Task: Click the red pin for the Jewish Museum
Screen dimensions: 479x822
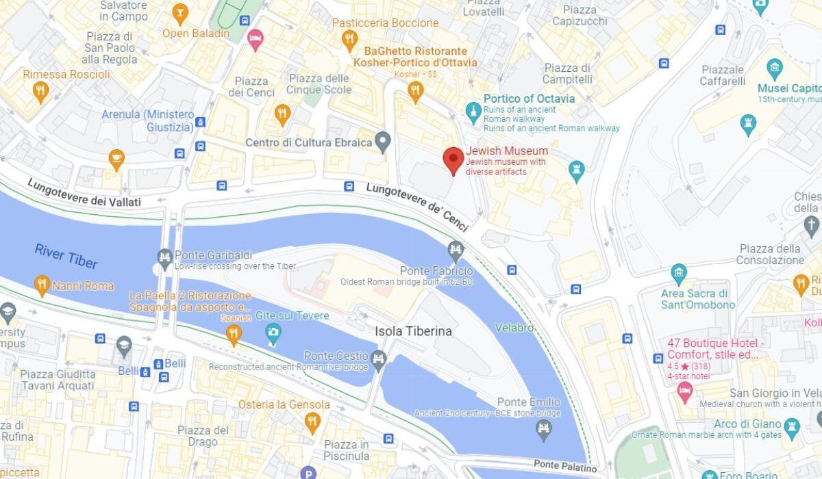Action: click(452, 160)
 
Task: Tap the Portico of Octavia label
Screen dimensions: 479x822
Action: click(529, 99)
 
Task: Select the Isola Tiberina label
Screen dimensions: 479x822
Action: click(413, 331)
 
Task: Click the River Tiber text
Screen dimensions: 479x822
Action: click(66, 256)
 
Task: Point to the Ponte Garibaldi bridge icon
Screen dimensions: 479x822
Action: click(164, 258)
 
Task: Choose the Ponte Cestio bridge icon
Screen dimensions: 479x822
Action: click(378, 358)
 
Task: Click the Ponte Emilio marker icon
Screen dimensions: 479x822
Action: click(544, 428)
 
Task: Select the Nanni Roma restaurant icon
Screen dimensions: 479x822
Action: click(42, 285)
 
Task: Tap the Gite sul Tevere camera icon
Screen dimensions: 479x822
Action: click(273, 333)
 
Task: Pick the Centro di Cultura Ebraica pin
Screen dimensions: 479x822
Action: click(383, 142)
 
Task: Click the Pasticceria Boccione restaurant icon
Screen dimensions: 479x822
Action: click(350, 40)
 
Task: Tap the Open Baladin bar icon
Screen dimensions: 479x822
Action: click(180, 12)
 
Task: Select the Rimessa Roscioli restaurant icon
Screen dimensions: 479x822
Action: click(41, 91)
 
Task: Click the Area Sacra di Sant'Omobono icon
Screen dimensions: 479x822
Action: click(679, 274)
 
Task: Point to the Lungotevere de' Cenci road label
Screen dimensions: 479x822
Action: click(417, 207)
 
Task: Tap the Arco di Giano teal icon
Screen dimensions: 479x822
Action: click(793, 428)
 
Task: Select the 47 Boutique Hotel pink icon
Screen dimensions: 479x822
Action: click(684, 391)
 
